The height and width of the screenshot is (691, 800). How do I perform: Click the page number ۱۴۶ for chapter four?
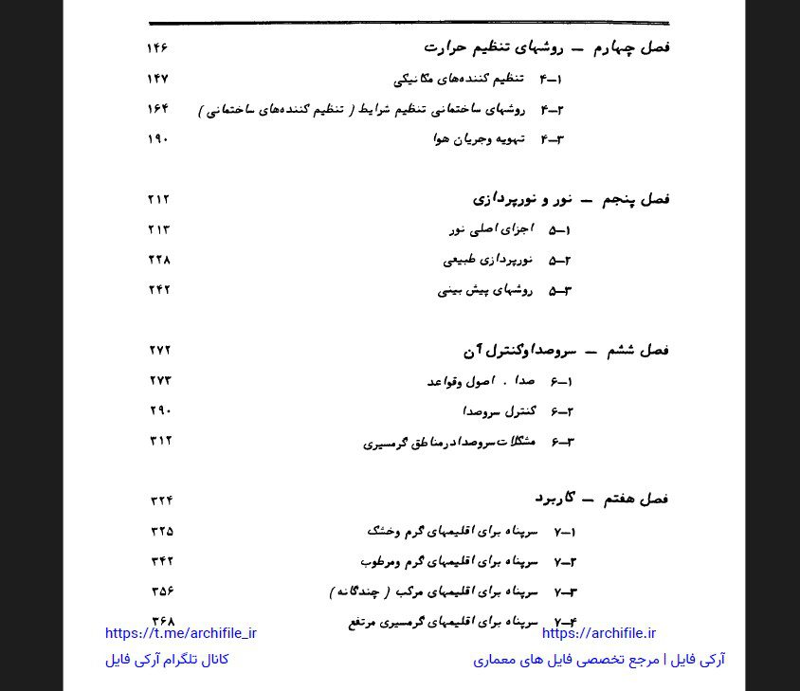pos(157,48)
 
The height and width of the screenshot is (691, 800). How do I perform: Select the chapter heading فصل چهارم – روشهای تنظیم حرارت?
pos(546,47)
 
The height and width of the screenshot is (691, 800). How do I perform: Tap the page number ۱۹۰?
pos(157,139)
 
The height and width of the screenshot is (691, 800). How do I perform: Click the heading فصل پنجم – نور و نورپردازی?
pos(571,199)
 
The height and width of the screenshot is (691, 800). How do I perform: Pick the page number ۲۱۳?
pos(158,229)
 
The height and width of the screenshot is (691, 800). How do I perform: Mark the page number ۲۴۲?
pos(159,290)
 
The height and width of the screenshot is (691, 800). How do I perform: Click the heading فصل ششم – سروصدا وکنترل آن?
pos(566,350)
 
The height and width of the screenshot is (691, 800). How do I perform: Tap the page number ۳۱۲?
pos(160,441)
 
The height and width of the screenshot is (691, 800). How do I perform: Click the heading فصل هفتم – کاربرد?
pos(601,498)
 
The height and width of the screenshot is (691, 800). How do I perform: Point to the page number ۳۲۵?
pos(162,532)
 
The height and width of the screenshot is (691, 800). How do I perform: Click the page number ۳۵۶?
pos(162,592)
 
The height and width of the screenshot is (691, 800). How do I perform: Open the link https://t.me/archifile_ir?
pos(181,634)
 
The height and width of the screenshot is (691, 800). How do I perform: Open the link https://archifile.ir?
pos(599,634)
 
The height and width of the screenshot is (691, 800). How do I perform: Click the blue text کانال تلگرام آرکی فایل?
pos(167,660)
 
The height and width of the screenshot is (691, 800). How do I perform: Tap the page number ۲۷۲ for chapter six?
pos(160,351)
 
